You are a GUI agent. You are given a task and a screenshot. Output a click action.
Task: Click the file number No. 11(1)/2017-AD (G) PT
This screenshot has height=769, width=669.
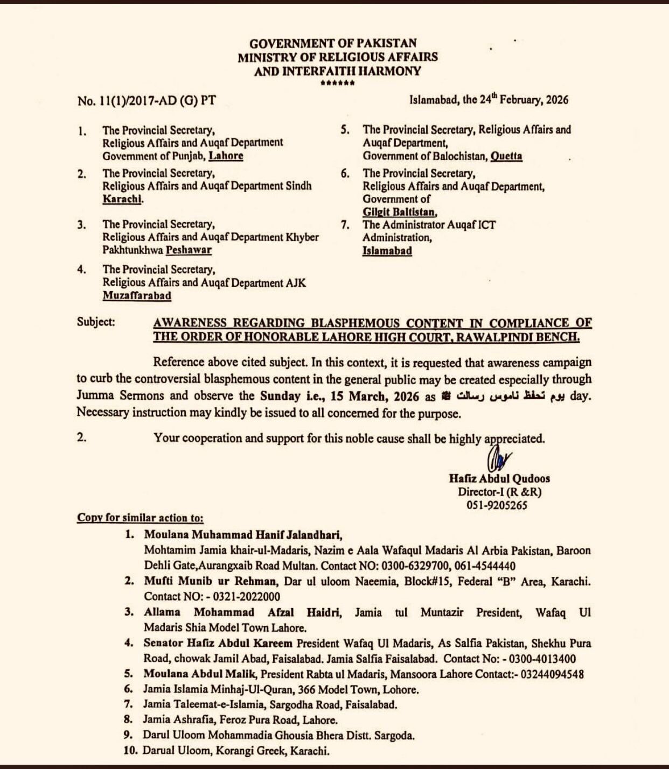tap(147, 101)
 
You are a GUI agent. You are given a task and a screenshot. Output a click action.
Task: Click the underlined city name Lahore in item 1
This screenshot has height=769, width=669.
tap(226, 156)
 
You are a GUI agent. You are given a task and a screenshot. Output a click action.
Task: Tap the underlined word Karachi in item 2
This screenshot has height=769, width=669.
tap(122, 199)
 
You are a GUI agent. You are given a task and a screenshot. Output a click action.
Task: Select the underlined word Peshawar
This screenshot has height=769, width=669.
tap(189, 250)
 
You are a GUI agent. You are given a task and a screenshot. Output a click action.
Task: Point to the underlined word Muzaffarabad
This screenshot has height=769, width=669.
tap(137, 296)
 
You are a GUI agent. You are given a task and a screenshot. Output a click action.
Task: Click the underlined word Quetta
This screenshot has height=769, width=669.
tap(506, 156)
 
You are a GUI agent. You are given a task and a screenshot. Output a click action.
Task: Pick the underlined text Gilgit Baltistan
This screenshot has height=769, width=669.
tap(400, 212)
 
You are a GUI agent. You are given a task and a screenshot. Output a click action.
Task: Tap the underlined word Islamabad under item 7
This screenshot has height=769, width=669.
tap(387, 251)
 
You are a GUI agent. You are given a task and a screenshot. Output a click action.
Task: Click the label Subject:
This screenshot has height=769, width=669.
tap(96, 322)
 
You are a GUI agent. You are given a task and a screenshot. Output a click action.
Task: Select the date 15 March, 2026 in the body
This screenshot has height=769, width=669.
tap(375, 397)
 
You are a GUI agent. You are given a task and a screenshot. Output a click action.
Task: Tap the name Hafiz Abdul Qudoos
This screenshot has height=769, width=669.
tap(499, 478)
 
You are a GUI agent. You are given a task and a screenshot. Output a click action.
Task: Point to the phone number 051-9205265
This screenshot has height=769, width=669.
tap(497, 505)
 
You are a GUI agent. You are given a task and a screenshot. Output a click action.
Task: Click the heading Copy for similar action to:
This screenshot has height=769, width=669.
tap(140, 518)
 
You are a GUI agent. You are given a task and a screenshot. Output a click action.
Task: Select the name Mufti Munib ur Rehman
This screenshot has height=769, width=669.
tap(210, 581)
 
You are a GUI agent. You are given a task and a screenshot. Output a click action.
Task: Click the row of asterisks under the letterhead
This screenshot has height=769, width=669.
tap(337, 83)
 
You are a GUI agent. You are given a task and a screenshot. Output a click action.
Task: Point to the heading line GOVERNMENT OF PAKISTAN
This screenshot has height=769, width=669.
tap(333, 44)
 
